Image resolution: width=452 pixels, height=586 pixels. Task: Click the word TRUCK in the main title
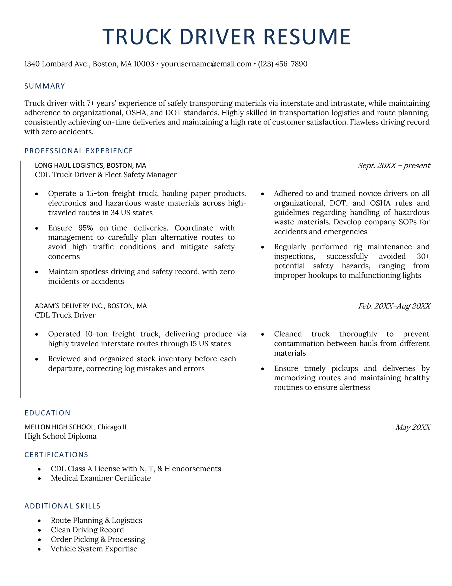coord(137,37)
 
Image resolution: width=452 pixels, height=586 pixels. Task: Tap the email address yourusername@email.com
coord(206,64)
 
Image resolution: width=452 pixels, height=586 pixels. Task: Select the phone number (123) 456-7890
coord(282,64)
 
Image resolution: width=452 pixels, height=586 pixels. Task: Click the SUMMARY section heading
coord(45,86)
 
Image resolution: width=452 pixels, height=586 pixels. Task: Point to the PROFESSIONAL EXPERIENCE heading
coord(79,151)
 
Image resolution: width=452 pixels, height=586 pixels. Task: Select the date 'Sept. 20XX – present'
coord(394,166)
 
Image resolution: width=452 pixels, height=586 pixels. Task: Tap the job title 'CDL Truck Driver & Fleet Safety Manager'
coord(106,175)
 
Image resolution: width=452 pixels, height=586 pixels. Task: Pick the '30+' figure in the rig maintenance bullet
coord(423,256)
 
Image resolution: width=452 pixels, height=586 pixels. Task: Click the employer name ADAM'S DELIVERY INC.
coord(70,306)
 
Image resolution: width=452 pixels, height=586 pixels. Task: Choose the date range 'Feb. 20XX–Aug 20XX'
coord(394,306)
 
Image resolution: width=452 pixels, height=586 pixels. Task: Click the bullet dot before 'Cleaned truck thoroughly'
coord(263,335)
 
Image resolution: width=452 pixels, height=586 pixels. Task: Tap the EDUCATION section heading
coord(47,413)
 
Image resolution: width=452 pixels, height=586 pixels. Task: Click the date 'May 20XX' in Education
coord(413,427)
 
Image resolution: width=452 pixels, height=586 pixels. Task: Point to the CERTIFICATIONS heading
coord(56,455)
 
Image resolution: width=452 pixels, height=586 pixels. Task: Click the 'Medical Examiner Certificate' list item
coord(101,478)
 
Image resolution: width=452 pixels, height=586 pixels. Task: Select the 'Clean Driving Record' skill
coord(87,530)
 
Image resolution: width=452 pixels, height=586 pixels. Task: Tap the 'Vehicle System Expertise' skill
coord(94,549)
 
